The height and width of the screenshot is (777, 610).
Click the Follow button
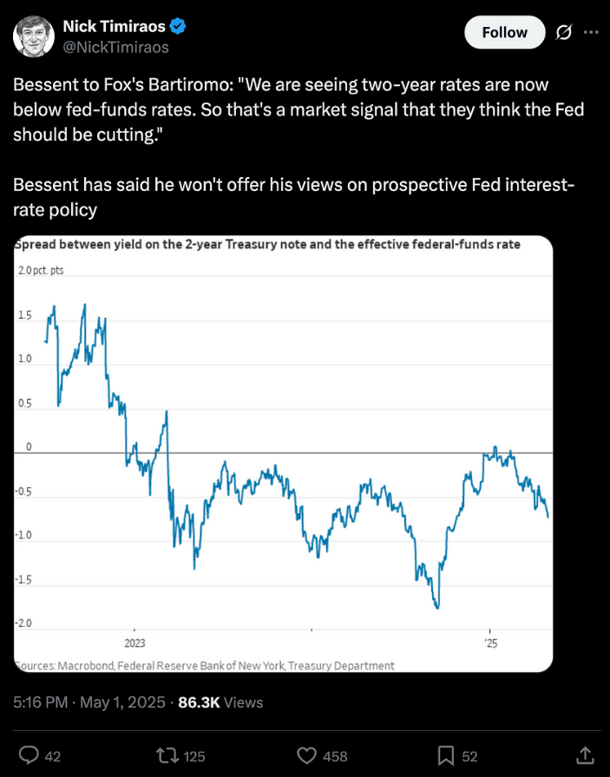[x=504, y=32]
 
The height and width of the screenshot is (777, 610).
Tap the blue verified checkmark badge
[x=178, y=26]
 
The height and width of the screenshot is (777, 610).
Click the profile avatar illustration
[x=34, y=36]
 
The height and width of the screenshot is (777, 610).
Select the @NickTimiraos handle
[x=116, y=48]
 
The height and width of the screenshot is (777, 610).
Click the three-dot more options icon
[x=591, y=32]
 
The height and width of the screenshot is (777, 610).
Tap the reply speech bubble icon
[x=29, y=755]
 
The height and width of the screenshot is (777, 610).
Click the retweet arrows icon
[x=167, y=755]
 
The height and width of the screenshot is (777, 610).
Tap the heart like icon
[x=306, y=756]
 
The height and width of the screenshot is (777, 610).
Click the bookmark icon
[x=446, y=756]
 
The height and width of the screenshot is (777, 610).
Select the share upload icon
[x=585, y=755]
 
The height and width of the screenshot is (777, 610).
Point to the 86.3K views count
[x=199, y=702]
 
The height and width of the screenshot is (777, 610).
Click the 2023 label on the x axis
[x=134, y=643]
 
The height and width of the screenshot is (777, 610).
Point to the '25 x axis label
[x=490, y=643]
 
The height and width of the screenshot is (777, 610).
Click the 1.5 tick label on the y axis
[x=25, y=315]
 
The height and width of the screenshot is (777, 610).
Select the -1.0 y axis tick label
[x=23, y=535]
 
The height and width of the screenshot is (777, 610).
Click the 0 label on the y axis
[x=29, y=446]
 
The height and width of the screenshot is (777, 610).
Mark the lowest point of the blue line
[x=437, y=608]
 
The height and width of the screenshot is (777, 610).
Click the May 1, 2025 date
[x=122, y=702]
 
